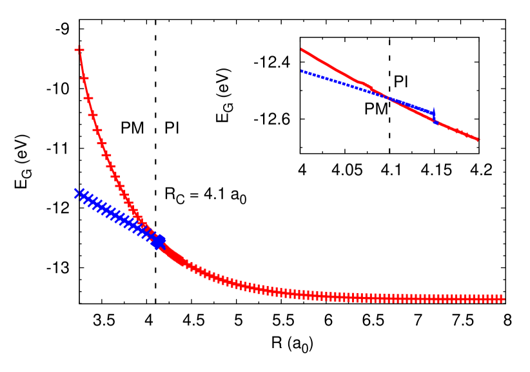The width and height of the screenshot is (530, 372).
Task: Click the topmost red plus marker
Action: tap(79, 49)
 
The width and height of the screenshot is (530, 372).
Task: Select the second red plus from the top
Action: tap(84, 78)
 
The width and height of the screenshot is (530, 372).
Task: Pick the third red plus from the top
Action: tap(88, 98)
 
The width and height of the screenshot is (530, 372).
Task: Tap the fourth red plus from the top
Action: tap(93, 115)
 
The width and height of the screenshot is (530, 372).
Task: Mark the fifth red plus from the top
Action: tap(97, 130)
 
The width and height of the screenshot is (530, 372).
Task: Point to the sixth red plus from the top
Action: tap(102, 143)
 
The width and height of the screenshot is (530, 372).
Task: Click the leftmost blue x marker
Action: tap(78, 193)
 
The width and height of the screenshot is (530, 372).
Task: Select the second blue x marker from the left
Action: tap(83, 196)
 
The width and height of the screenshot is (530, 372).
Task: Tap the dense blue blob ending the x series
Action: tap(158, 242)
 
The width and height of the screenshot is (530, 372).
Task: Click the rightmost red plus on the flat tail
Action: tap(500, 299)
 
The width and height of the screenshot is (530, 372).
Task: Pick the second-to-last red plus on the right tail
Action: tap(495, 299)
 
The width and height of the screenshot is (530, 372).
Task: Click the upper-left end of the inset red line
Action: tap(302, 49)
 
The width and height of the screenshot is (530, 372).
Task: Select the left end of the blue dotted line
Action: tap(302, 71)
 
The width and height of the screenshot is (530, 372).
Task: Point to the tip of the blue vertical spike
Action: tap(434, 108)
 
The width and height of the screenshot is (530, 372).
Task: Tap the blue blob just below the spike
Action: tap(436, 122)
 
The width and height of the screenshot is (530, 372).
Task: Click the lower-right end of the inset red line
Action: tap(478, 139)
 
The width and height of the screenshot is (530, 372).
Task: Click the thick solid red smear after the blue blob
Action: tap(173, 256)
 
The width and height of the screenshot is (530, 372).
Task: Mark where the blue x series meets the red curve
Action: tap(150, 232)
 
